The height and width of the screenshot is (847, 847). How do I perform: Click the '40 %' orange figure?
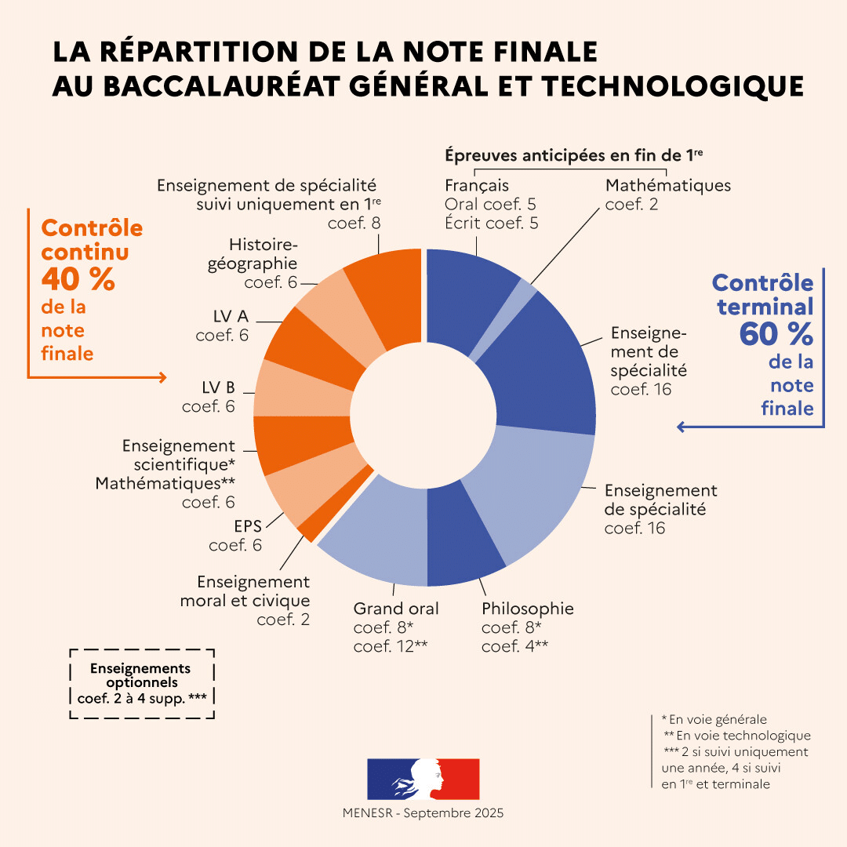click(78, 279)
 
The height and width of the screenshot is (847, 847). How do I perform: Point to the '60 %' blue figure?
click(776, 335)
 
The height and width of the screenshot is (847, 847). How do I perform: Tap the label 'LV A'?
click(231, 316)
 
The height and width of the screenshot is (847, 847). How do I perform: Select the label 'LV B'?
click(218, 387)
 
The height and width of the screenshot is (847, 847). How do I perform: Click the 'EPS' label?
click(247, 525)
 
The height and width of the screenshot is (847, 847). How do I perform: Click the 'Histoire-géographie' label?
click(253, 253)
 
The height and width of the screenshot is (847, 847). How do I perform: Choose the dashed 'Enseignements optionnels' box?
click(141, 683)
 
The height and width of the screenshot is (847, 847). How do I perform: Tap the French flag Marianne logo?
click(423, 779)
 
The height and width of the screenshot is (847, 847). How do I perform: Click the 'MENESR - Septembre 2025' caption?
click(423, 813)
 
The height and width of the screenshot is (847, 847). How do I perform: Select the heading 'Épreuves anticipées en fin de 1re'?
click(573, 155)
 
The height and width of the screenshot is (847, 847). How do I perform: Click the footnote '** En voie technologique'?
click(737, 736)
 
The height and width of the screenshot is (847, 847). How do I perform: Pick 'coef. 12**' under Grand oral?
click(391, 646)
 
